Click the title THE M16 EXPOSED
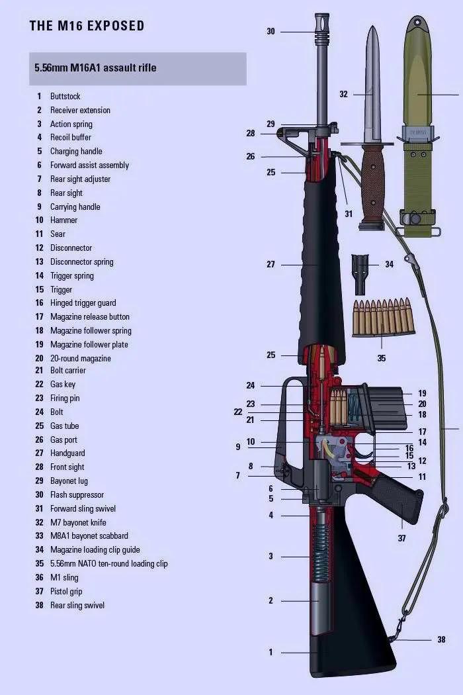coord(87,26)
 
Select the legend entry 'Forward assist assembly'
coord(89,165)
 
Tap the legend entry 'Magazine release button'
coord(90,317)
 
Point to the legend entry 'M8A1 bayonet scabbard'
coord(89,536)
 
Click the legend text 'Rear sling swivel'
coord(77,606)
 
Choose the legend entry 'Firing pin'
coord(65,398)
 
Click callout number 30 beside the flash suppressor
coord(271,32)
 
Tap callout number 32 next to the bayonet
coord(343,95)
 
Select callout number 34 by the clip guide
coord(389,265)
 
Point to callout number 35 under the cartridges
coord(382,359)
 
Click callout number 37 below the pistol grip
coord(401,539)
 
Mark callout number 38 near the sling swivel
coord(441,640)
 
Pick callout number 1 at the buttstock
coord(271,653)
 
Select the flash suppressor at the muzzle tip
coord(322,26)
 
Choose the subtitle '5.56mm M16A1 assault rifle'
coord(96,68)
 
